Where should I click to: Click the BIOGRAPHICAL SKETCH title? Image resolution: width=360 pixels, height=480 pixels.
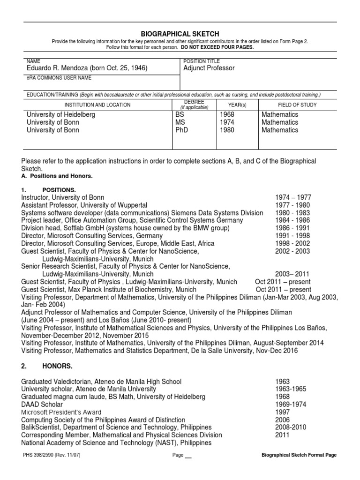[x=180, y=34]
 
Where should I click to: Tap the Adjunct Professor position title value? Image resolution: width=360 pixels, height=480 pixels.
[x=209, y=68]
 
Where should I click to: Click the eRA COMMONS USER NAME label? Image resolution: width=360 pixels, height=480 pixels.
[x=59, y=78]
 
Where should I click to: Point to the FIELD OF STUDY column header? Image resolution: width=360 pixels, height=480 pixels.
[x=297, y=105]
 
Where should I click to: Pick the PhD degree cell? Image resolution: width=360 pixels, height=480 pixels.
[x=181, y=130]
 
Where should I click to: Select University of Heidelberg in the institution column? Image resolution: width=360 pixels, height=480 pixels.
[x=61, y=115]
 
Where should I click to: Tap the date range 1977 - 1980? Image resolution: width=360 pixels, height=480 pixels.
[x=293, y=205]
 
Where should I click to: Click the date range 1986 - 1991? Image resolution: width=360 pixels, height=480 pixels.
[x=293, y=228]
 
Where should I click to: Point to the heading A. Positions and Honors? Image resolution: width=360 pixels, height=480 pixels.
[x=57, y=176]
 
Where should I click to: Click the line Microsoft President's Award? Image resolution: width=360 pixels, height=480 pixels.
[x=65, y=412]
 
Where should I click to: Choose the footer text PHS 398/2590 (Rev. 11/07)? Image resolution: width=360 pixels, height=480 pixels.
[x=51, y=455]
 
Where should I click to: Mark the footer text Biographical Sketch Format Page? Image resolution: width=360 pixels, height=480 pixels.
[x=299, y=455]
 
